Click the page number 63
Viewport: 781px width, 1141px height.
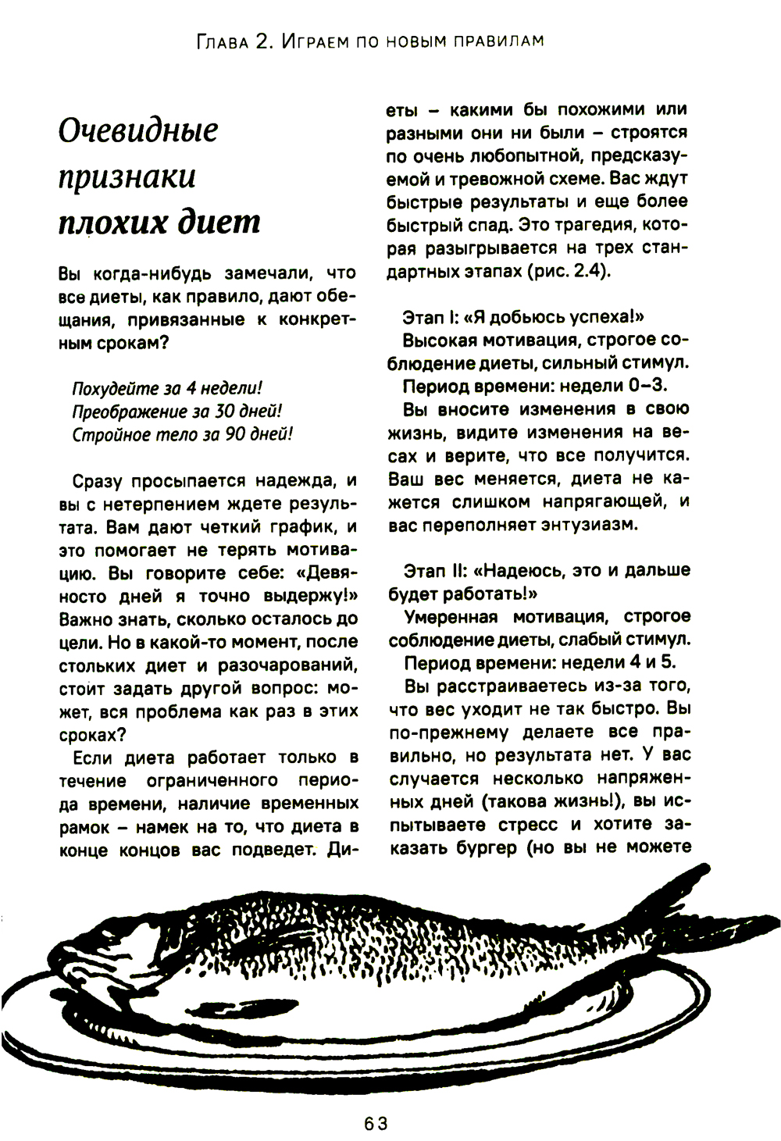pyautogui.click(x=376, y=1102)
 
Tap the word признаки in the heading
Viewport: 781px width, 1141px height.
pyautogui.click(x=127, y=177)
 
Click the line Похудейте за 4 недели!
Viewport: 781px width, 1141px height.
pyautogui.click(x=166, y=388)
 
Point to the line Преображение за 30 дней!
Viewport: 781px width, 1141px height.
pyautogui.click(x=177, y=411)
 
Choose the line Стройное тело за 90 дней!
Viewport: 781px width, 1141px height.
pyautogui.click(x=182, y=434)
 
